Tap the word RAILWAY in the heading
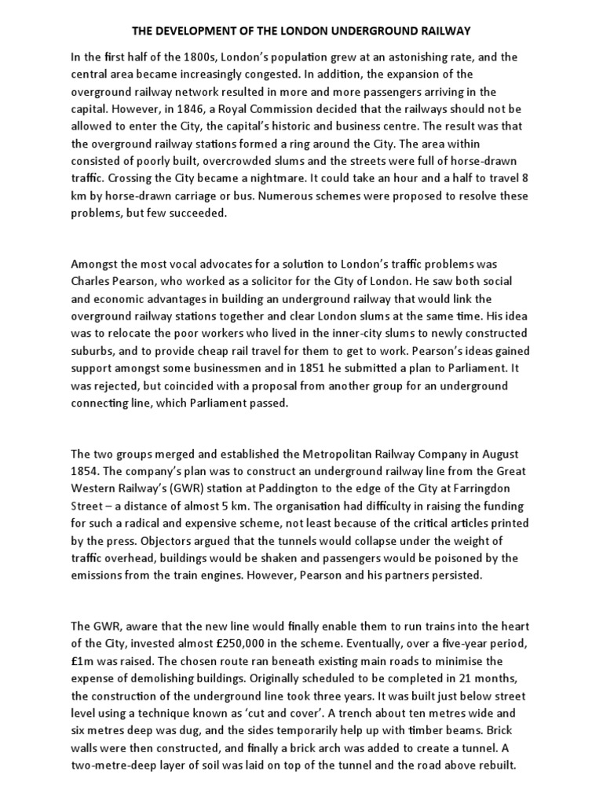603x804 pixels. tap(442, 31)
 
